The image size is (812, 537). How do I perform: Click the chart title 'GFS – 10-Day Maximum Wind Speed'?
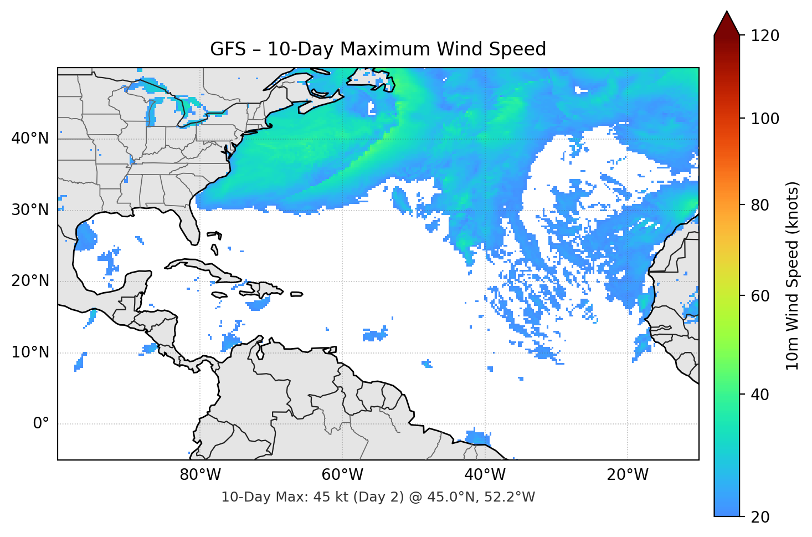tap(378, 49)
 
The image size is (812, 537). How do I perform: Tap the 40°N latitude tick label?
tap(30, 138)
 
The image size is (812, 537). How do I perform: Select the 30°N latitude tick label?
tap(30, 209)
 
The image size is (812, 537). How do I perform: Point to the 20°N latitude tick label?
tap(30, 281)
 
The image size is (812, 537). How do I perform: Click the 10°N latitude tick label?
tap(30, 352)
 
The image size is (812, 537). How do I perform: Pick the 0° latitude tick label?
tap(40, 424)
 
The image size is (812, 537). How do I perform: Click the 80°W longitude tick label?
tap(201, 475)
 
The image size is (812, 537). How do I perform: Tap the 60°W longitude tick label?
tap(343, 475)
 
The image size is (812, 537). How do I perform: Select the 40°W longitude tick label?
tap(485, 475)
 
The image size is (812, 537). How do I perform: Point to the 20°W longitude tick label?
tap(628, 475)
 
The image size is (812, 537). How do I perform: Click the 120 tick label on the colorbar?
tap(765, 35)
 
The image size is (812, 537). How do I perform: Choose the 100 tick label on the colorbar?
tap(765, 119)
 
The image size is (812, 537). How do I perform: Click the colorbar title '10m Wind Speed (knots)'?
tap(793, 275)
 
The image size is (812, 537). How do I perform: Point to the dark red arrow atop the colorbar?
tap(727, 23)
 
